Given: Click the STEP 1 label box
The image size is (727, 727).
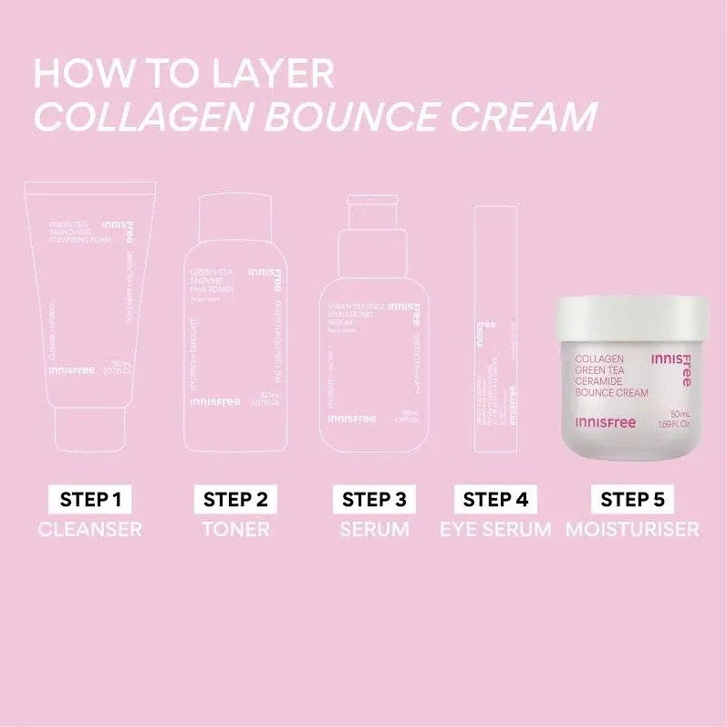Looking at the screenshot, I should coord(90,499).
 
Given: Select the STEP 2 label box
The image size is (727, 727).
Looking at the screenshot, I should coord(235,499).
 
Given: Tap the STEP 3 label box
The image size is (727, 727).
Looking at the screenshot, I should coord(374,499).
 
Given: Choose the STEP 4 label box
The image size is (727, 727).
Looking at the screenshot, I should coord(495,499).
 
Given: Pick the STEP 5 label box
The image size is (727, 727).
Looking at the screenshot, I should coord(632,499).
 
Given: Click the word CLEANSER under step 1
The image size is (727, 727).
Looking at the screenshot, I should coord(90,529).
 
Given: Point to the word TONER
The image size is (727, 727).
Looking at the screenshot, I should coord(235,529).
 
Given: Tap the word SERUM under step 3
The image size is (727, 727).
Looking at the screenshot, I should coord(374,529).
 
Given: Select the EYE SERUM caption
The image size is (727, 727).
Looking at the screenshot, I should coord(495,529).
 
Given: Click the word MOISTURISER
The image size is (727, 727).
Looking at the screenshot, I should coord(632,529).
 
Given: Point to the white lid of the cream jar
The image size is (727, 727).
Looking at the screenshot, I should coord(631,318).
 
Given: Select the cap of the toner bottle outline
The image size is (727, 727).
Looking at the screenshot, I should coord(235,215).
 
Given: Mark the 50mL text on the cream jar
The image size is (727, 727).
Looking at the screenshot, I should coord(682,413).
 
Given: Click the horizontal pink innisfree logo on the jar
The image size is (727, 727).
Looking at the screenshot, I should coord(606,421).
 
